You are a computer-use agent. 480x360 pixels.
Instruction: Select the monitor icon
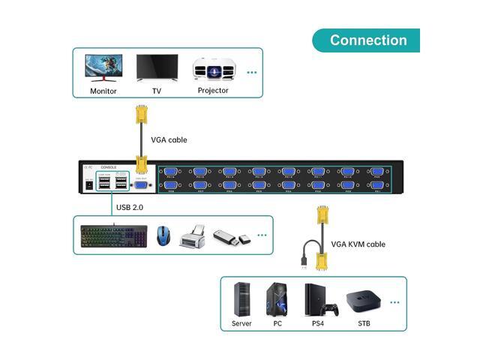pyautogui.click(x=103, y=68)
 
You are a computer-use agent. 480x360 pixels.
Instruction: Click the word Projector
pyautogui.click(x=213, y=91)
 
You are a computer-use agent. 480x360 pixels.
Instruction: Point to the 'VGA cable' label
pyautogui.click(x=169, y=139)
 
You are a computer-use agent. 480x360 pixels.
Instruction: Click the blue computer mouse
pyautogui.click(x=163, y=235)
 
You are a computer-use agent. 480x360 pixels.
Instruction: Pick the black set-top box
pyautogui.click(x=361, y=302)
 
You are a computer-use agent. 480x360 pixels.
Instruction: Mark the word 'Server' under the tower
pyautogui.click(x=241, y=323)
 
